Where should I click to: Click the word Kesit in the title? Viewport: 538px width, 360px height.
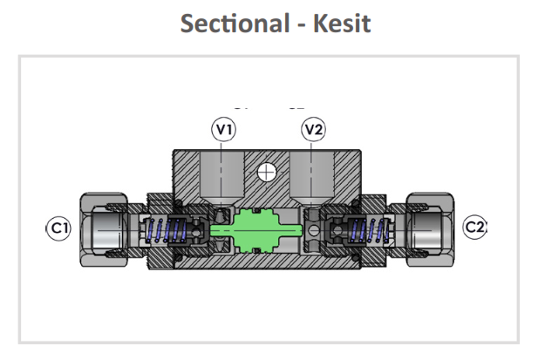(341, 24)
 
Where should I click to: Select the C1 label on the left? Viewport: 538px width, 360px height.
(58, 228)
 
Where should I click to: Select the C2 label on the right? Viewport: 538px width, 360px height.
(475, 228)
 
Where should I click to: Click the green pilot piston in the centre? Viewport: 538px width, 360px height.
(253, 229)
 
